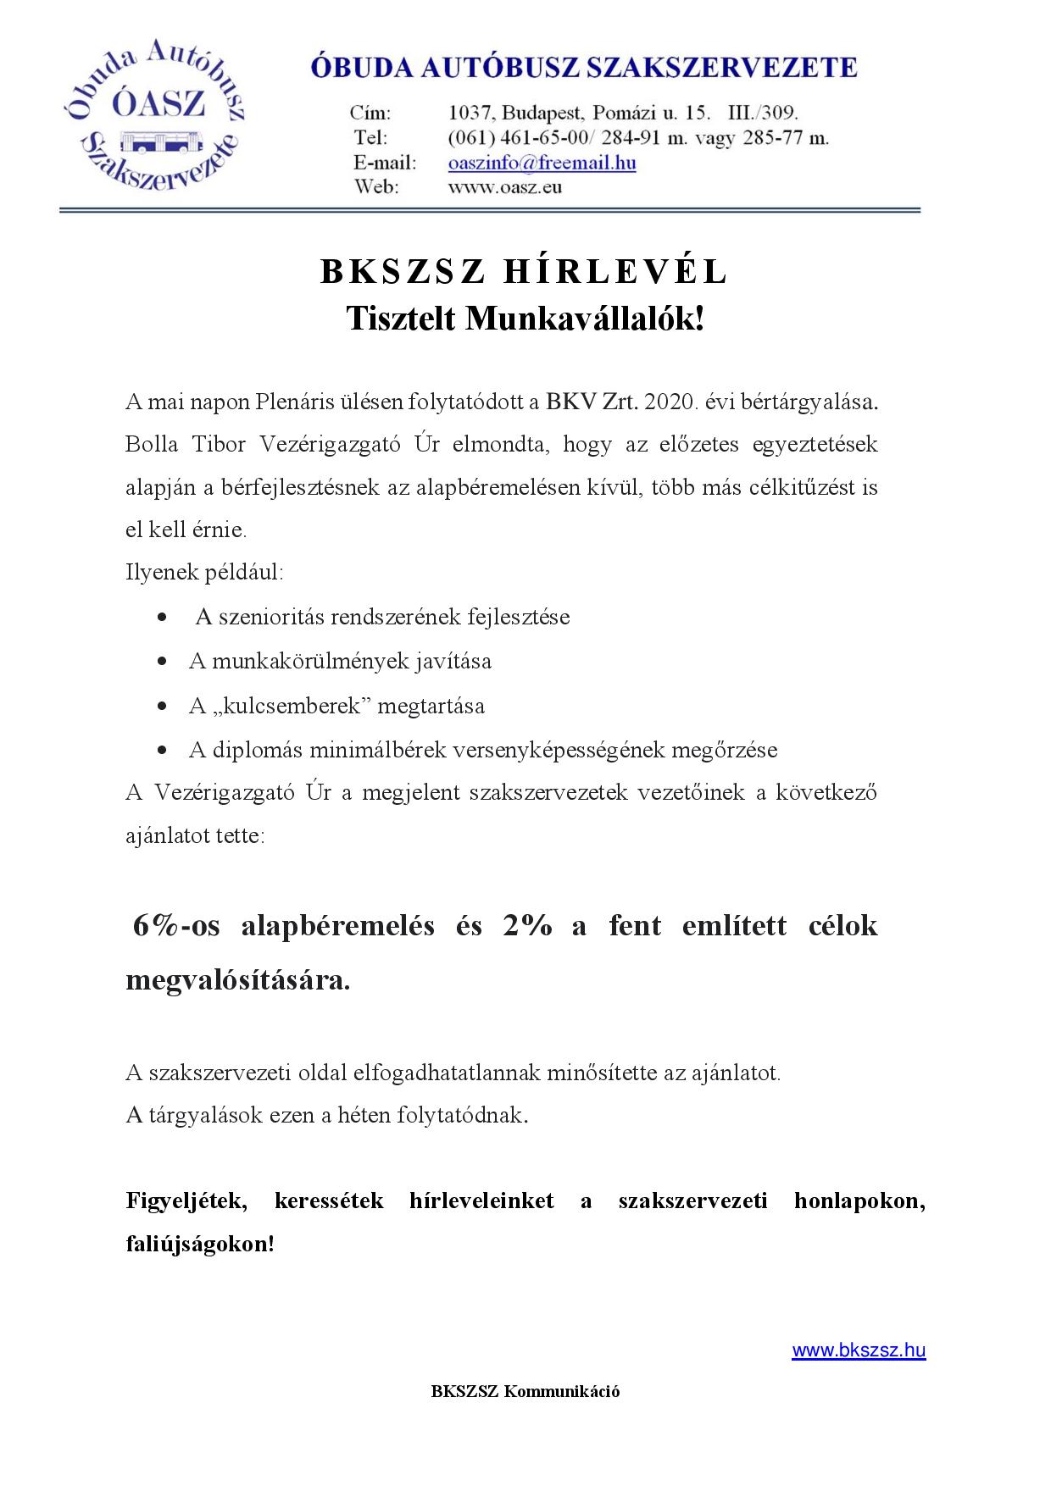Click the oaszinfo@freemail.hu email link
pyautogui.click(x=542, y=163)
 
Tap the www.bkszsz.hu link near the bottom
pyautogui.click(x=858, y=1350)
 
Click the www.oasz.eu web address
pyautogui.click(x=504, y=187)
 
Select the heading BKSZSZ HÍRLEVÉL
pyautogui.click(x=525, y=271)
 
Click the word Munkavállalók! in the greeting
pyautogui.click(x=585, y=319)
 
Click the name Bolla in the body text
pyautogui.click(x=147, y=445)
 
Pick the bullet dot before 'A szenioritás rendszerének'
pyautogui.click(x=161, y=618)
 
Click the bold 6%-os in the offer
pyautogui.click(x=176, y=925)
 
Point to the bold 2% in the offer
pyautogui.click(x=526, y=925)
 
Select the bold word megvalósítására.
pyautogui.click(x=237, y=980)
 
